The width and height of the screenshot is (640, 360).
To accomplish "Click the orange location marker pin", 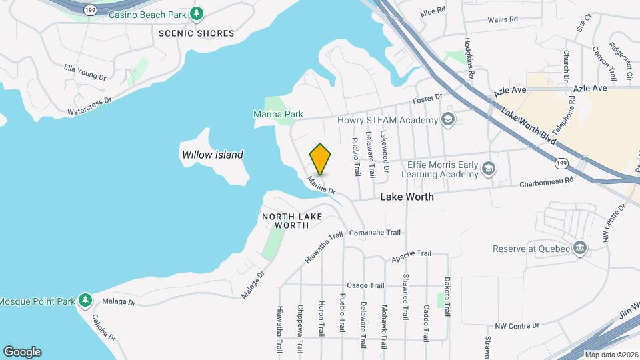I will click(x=321, y=159).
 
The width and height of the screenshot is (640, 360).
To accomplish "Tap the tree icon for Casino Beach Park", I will click(x=196, y=13).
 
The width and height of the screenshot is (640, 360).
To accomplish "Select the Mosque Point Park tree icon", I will click(x=85, y=301).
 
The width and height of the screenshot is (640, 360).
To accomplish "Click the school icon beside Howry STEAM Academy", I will click(x=449, y=120).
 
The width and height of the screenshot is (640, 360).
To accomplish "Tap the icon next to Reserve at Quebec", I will click(x=580, y=249).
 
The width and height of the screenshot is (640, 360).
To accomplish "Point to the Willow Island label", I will click(x=213, y=155).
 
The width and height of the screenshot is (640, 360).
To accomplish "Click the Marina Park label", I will click(x=278, y=115).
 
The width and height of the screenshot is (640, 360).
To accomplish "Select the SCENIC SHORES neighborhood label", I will click(x=197, y=33).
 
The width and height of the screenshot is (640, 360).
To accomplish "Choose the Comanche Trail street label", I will click(x=375, y=233).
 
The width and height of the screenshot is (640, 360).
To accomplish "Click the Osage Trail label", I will click(x=366, y=285).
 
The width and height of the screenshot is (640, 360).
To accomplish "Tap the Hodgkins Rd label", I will click(x=469, y=56).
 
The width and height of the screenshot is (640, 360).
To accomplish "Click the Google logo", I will click(x=22, y=352).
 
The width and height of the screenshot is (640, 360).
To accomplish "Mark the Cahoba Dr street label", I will click(x=104, y=326).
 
